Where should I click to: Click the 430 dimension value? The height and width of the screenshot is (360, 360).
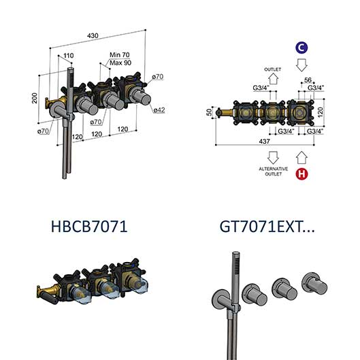tap(93, 35)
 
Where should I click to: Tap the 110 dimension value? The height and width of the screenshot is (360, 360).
tap(69, 55)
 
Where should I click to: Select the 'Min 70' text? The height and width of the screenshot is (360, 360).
tap(120, 55)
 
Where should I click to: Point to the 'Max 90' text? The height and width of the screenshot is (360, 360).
tap(120, 63)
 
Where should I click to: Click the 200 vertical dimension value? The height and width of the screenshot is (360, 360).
tap(35, 98)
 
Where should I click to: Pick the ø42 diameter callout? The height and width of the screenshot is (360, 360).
tap(159, 110)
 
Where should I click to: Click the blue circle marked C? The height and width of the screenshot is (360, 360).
tap(301, 48)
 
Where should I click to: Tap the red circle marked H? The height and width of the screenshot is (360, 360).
tap(301, 174)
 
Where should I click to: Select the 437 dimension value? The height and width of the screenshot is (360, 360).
tap(264, 141)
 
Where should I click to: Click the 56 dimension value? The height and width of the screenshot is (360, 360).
tap(308, 80)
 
